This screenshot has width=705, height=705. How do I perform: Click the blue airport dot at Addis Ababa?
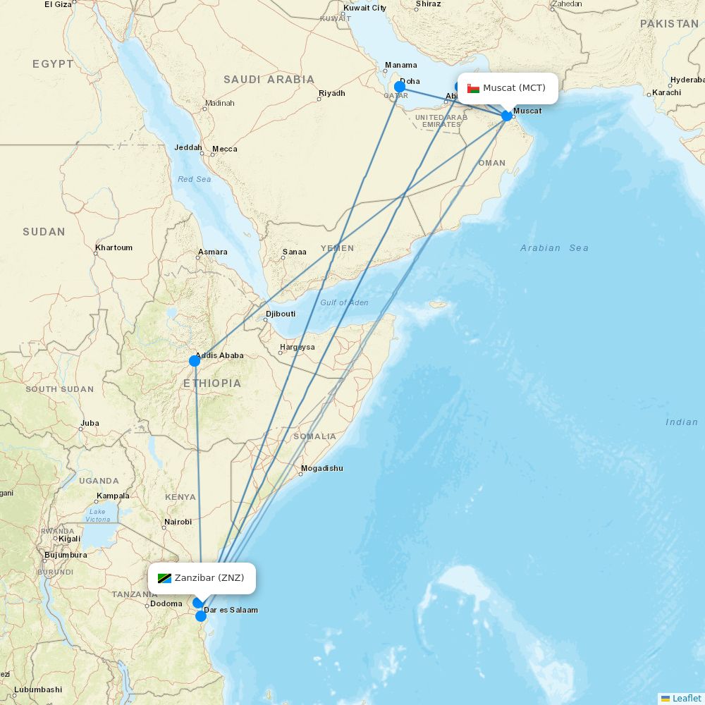[x=195, y=361]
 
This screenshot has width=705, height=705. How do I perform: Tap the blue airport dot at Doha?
[x=400, y=87]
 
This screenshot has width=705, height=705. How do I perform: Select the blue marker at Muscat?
[x=507, y=116]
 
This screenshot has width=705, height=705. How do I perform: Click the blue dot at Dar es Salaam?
[x=201, y=616]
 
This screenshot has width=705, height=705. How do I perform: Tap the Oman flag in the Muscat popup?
[x=473, y=88]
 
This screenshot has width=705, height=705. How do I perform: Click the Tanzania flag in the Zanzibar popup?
[x=164, y=578]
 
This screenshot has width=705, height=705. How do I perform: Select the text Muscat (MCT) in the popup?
[x=514, y=88]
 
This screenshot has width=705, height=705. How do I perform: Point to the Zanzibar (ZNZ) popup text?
[x=209, y=578]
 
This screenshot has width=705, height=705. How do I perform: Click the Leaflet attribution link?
[x=686, y=698]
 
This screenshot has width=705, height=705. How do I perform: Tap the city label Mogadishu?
[x=321, y=468]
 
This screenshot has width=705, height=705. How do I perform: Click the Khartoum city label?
[x=114, y=247]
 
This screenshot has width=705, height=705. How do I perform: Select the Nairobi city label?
[x=178, y=522]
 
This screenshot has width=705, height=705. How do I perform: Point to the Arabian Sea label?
[x=554, y=247]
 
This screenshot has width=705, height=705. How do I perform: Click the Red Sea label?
[x=194, y=179]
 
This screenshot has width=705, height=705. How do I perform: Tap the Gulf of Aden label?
[x=344, y=302]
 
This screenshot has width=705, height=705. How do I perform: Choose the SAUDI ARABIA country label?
[x=269, y=80]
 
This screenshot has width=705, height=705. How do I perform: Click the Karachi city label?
[x=666, y=92]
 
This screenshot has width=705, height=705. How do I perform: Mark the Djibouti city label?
[x=281, y=314]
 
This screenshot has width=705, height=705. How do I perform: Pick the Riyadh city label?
[x=331, y=93]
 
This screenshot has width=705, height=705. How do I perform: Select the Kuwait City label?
[x=364, y=8]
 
